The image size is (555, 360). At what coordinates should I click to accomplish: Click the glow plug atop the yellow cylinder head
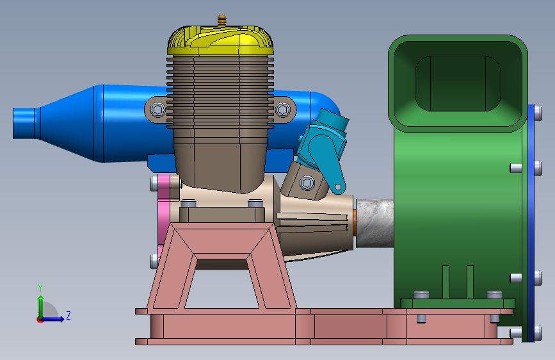point(222,20)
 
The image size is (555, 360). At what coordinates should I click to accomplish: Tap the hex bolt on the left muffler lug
point(158,110)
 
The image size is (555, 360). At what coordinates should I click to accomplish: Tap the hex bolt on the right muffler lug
point(282,110)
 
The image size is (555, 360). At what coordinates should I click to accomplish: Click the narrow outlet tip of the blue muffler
point(24,123)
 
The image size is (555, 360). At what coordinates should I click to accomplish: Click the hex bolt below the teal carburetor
point(307,183)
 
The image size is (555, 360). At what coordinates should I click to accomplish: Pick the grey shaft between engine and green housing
point(375,223)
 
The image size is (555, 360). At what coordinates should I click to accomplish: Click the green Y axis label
point(40,288)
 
